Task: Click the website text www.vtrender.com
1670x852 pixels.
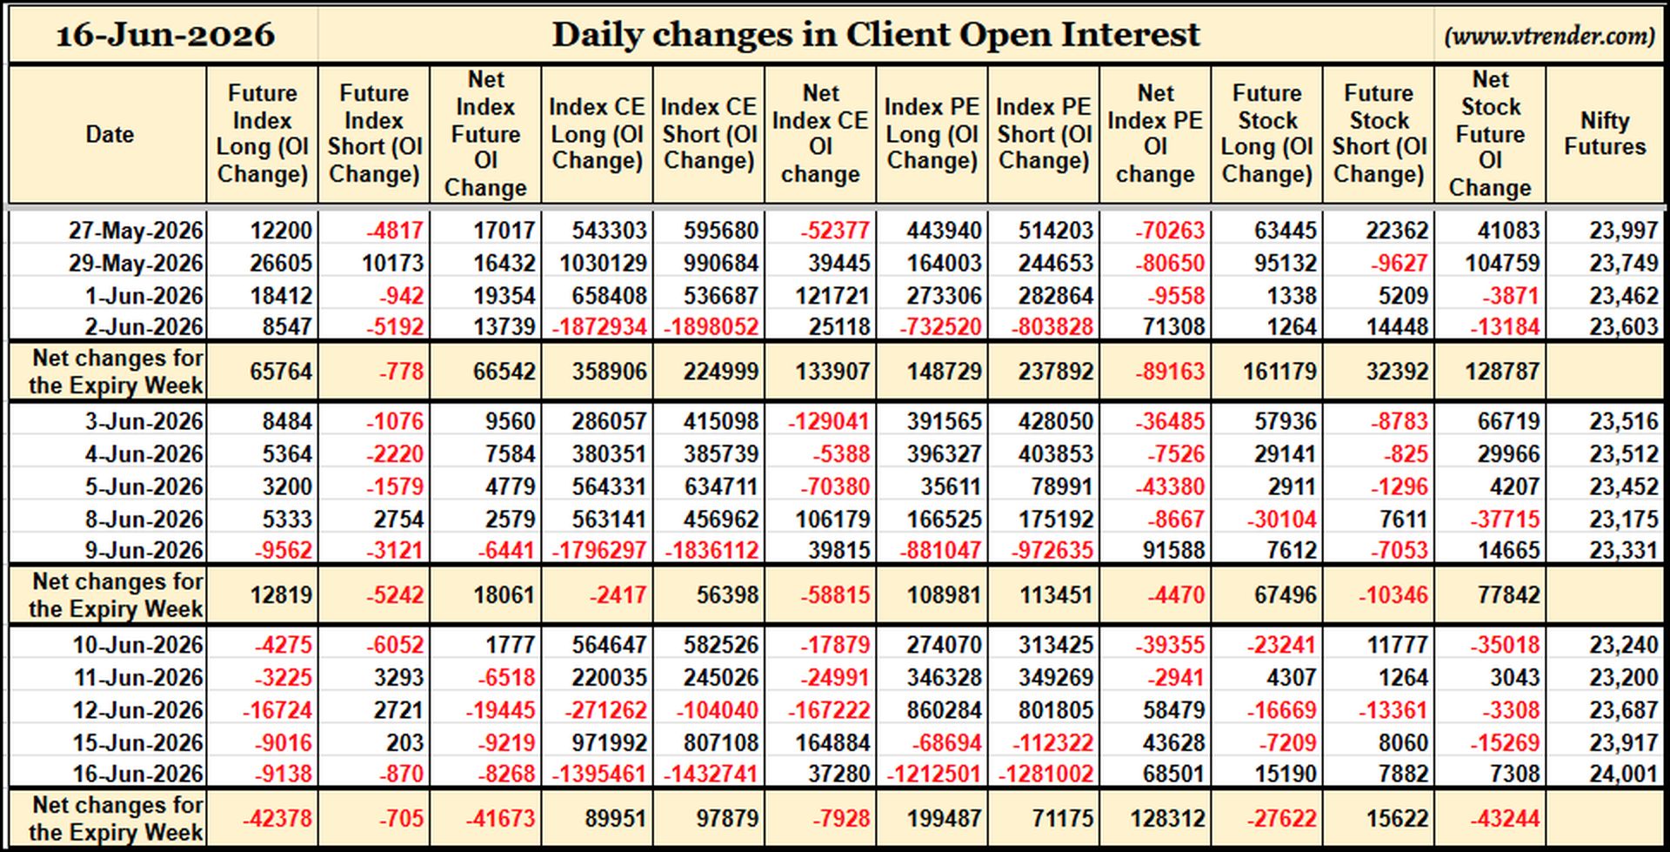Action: tap(1549, 36)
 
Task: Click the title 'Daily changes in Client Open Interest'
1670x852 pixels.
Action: tap(876, 35)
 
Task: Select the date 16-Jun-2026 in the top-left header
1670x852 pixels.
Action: tap(165, 35)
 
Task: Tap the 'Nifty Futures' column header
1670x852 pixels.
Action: tap(1605, 133)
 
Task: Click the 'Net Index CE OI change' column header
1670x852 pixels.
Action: tap(820, 133)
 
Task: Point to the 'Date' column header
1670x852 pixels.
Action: tap(110, 134)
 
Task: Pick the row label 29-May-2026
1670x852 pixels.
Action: tap(137, 263)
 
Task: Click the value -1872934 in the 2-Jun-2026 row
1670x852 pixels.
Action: tap(599, 327)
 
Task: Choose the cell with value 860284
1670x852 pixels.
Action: tap(944, 710)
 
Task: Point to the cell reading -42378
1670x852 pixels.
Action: tap(277, 819)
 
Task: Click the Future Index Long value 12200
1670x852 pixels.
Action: tap(281, 231)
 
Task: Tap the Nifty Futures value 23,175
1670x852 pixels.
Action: tap(1624, 519)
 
